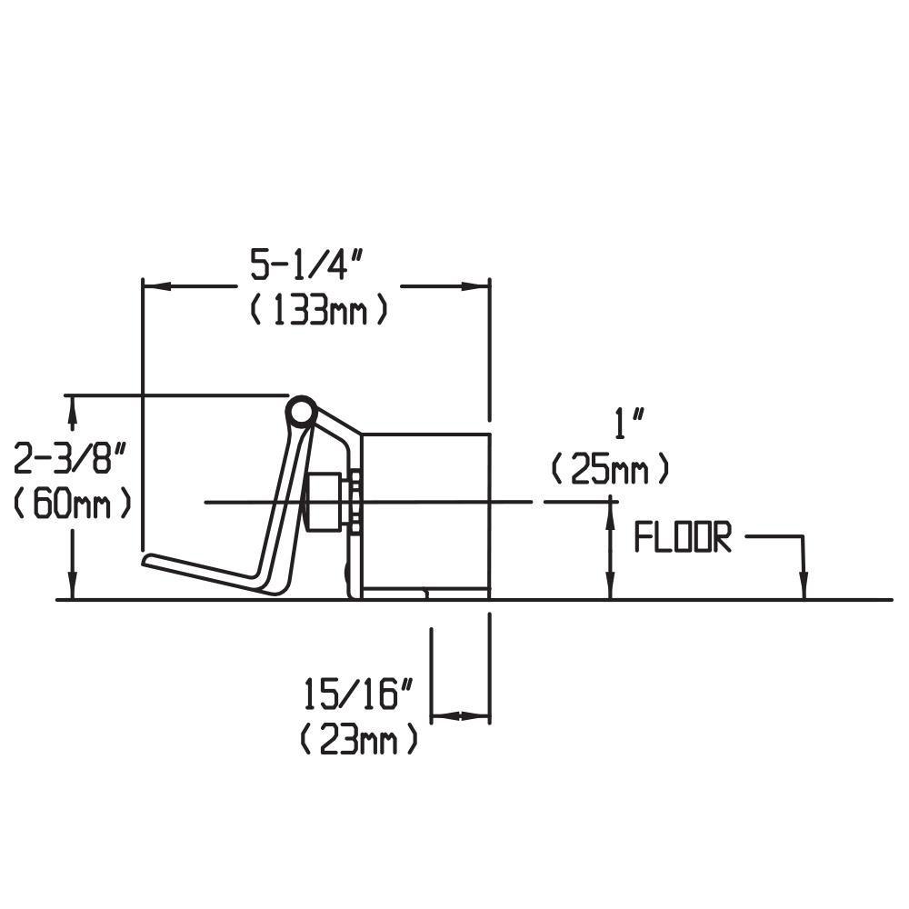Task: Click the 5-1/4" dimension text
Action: point(307,266)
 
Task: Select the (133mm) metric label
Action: point(319,311)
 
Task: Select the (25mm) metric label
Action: point(611,470)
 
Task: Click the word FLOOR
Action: point(682,539)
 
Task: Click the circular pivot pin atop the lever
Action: point(300,413)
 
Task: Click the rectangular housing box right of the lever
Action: point(426,514)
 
